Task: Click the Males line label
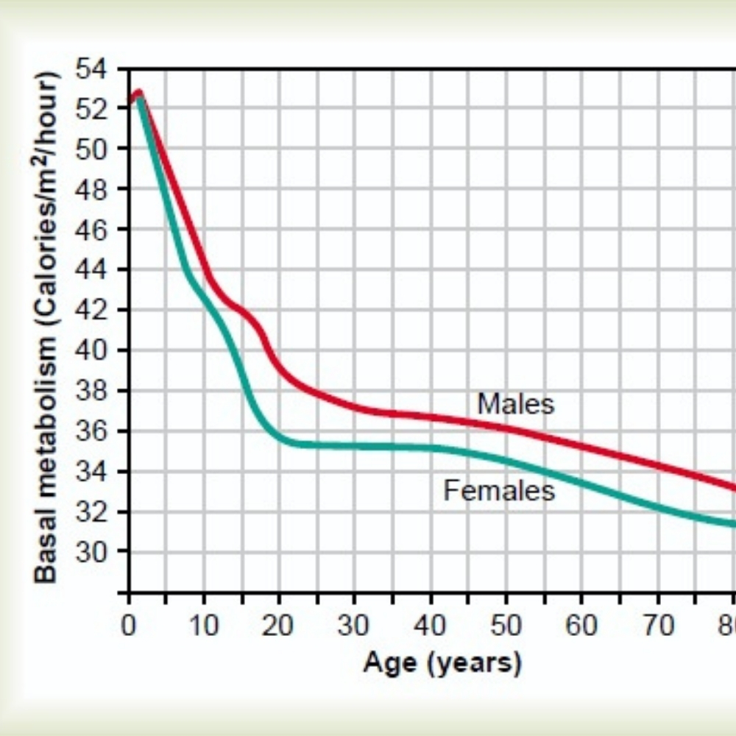[515, 403]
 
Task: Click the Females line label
[499, 490]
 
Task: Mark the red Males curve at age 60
[581, 445]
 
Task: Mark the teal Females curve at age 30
[355, 446]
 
